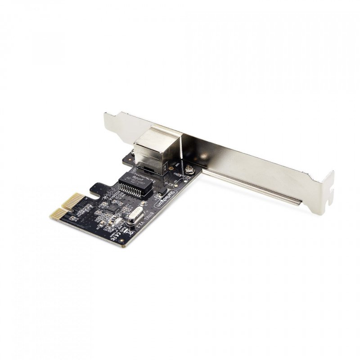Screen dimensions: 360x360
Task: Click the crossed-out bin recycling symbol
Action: point(128,232)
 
